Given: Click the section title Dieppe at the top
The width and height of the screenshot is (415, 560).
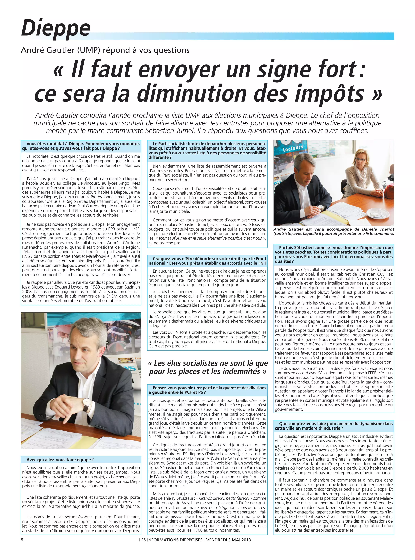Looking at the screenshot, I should pyautogui.click(x=56, y=28).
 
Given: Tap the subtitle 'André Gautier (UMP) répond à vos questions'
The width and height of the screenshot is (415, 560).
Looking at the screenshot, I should pyautogui.click(x=105, y=50).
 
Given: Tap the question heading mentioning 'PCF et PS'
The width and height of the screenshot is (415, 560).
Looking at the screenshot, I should pyautogui.click(x=207, y=390).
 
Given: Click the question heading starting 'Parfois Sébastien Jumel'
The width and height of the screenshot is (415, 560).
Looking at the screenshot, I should pyautogui.click(x=334, y=254).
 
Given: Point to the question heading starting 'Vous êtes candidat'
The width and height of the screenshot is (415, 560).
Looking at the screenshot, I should pyautogui.click(x=81, y=146).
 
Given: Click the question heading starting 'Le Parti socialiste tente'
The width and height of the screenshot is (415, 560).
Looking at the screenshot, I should pyautogui.click(x=207, y=150).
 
